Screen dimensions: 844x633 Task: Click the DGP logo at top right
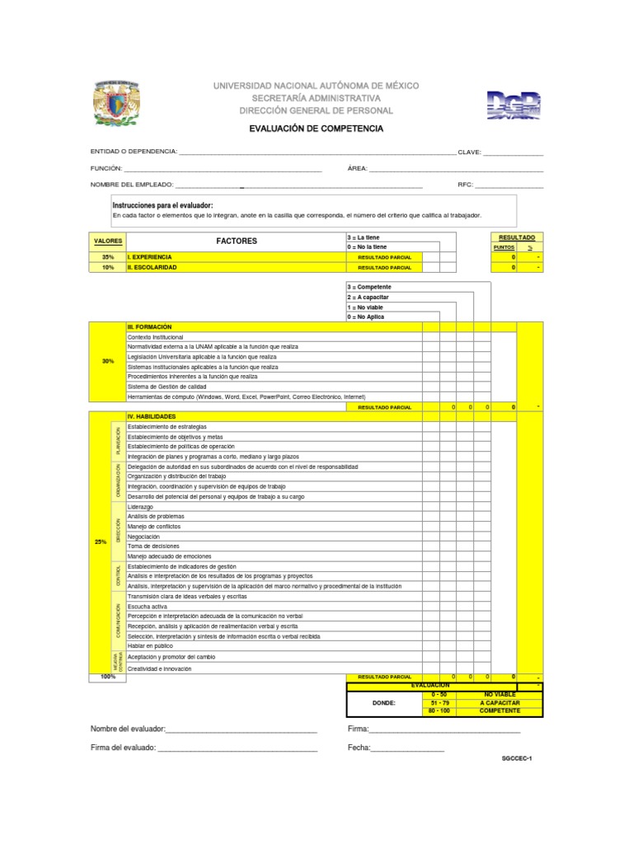[x=513, y=105]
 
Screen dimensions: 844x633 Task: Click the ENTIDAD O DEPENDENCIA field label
[x=133, y=152]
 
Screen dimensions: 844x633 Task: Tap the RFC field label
[x=465, y=185]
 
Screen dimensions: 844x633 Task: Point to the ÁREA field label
[x=357, y=168]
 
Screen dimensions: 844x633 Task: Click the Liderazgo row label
[x=140, y=507]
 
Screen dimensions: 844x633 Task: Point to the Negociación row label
[x=144, y=537]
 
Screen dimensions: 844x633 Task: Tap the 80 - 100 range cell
[x=439, y=710]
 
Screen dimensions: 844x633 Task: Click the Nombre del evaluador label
[x=128, y=729]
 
